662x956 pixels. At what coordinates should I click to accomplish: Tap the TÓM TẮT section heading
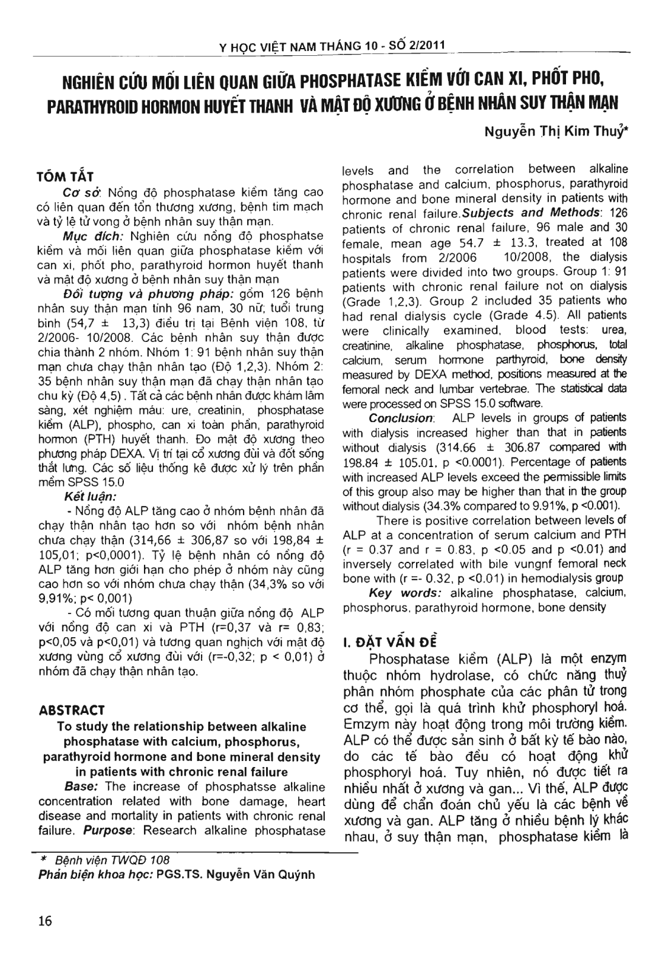point(66,177)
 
